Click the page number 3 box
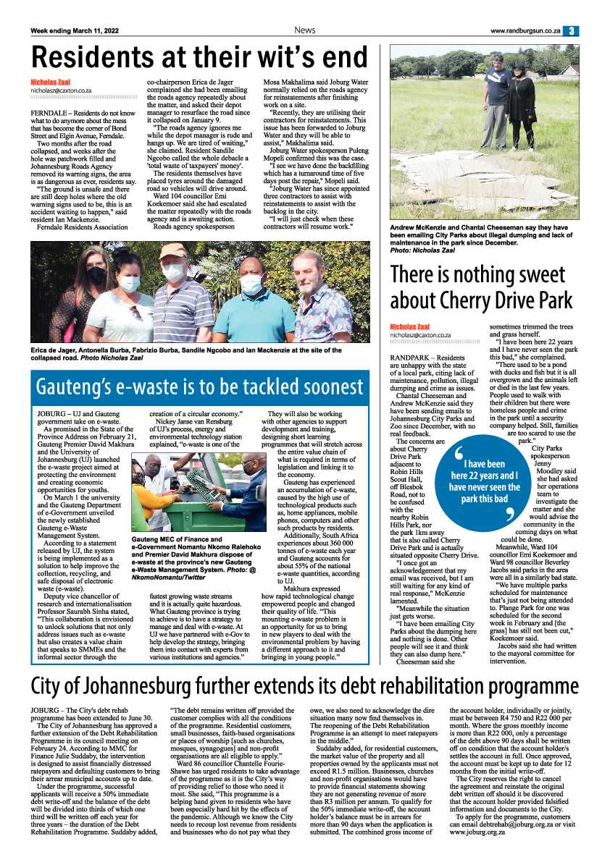tap(572, 30)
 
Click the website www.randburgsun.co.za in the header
tap(525, 30)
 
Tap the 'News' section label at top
tap(304, 30)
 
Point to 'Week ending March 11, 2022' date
tap(75, 30)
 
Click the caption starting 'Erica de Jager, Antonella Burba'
tap(185, 354)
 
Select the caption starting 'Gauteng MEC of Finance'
tap(194, 559)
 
